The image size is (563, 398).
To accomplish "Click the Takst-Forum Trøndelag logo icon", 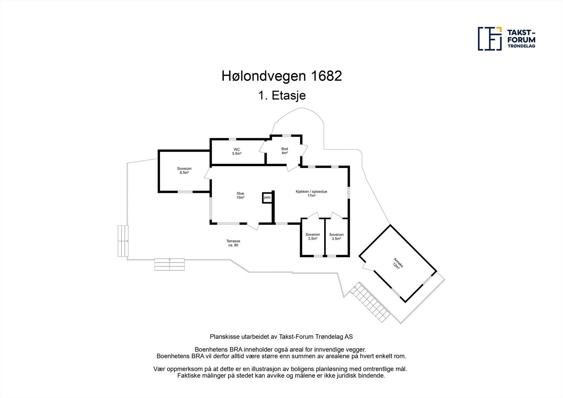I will coord(490,38).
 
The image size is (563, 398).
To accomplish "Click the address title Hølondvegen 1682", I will coord(281,76).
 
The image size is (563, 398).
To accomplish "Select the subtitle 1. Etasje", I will coord(281,96).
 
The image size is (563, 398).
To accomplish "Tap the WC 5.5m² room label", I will coord(236,152).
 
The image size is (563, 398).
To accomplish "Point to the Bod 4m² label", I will coord(284,151).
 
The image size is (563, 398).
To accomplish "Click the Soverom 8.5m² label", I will coord(184,171).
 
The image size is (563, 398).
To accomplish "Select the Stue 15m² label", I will coord(240,195).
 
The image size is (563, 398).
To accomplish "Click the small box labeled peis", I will coord(267,197).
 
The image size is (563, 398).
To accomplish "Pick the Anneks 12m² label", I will coord(398,263).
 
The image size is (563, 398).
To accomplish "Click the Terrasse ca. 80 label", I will coord(233,243).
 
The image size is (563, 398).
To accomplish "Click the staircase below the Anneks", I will coord(372,303).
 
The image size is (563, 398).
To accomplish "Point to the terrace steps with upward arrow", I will coord(170,264).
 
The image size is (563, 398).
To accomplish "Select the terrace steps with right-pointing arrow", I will coord(123,241).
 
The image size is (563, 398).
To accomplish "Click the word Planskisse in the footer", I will coord(224,336).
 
